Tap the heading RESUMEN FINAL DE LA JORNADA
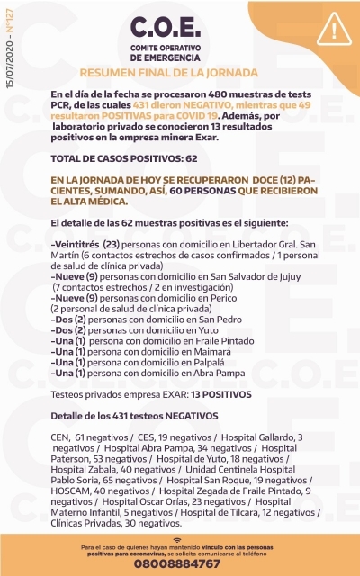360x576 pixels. pos(169,71)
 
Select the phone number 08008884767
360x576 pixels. pos(177,563)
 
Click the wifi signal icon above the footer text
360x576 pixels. pos(177,537)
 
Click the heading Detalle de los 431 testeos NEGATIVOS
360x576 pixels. pos(134,416)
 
